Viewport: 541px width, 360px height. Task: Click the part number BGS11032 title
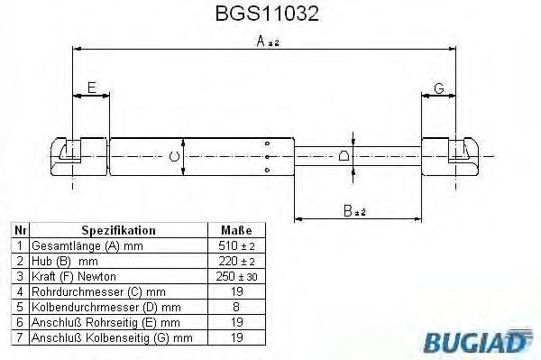click(x=267, y=14)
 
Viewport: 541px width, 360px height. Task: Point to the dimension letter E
click(x=91, y=88)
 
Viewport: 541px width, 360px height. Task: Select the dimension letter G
click(x=439, y=88)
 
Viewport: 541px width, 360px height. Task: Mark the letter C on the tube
click(x=175, y=157)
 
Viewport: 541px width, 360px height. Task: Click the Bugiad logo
click(x=478, y=341)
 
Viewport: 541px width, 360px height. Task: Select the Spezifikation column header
click(x=118, y=230)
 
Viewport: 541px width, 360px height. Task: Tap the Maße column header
click(x=236, y=230)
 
